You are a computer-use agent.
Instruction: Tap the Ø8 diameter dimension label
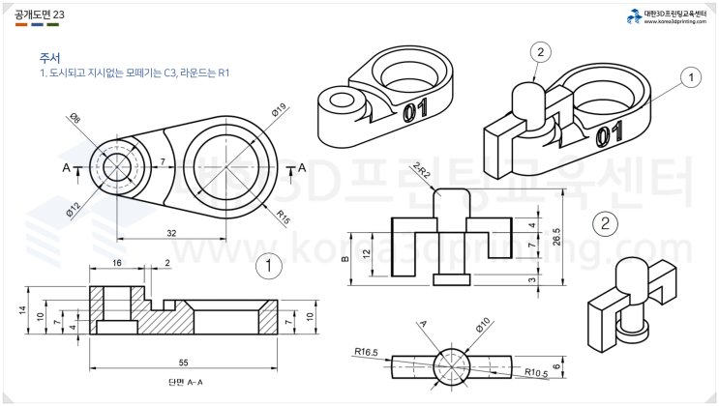[x=74, y=120]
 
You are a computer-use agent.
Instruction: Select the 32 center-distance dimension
[x=171, y=232]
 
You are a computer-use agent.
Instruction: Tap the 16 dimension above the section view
[x=117, y=263]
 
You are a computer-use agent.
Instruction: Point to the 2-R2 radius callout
[x=421, y=171]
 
